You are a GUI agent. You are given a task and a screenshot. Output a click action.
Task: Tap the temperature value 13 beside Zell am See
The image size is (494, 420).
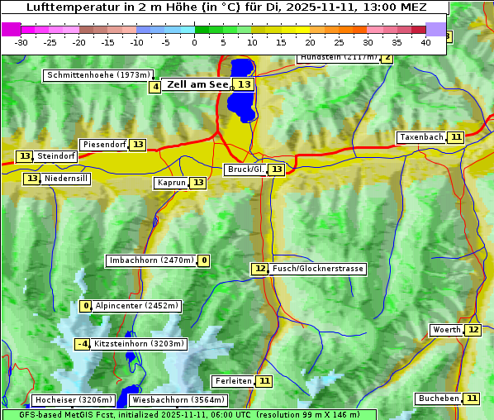(244, 84)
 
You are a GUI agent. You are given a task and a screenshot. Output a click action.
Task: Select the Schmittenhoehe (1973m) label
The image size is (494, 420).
(99, 75)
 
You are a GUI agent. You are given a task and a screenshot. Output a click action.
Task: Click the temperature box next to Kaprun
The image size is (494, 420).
(197, 183)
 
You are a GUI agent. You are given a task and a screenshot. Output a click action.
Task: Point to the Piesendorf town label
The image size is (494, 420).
(104, 145)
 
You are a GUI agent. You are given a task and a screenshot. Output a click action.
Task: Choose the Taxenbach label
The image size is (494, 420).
(421, 137)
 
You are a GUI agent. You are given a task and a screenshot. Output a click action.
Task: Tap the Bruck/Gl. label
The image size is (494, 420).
(245, 169)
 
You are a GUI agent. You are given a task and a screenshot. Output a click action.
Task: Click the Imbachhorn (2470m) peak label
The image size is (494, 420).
(152, 260)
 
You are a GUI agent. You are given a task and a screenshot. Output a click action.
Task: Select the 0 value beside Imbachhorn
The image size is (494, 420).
(204, 260)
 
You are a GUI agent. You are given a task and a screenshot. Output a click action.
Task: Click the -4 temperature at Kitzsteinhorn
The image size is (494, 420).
(83, 344)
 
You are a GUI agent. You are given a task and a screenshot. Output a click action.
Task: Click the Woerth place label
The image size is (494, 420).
(447, 330)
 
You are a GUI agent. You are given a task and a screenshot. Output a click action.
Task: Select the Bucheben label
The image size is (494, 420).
(439, 399)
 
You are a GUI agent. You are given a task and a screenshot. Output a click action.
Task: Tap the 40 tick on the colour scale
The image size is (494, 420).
(425, 42)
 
